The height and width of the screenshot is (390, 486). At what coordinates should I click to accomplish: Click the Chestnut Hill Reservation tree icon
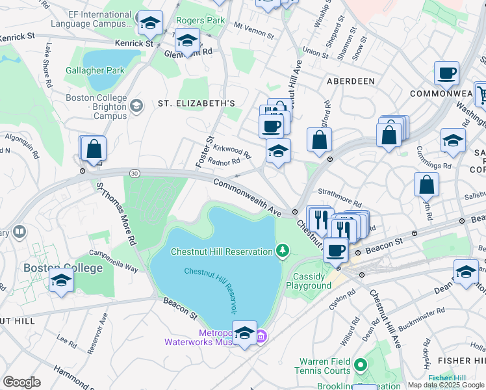tap(282, 251)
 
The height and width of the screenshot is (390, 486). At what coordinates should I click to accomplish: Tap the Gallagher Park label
tap(94, 70)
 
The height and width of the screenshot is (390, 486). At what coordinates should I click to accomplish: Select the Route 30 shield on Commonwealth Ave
tap(134, 173)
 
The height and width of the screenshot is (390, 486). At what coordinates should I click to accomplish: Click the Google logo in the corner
tap(21, 382)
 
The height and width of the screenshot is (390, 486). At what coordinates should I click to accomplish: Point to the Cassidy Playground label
tap(309, 281)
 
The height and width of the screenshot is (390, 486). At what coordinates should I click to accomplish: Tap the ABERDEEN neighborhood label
tap(350, 81)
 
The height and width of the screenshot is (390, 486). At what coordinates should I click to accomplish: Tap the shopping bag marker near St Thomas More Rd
tap(94, 149)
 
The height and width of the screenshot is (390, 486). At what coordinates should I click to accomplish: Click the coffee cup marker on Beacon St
tap(335, 250)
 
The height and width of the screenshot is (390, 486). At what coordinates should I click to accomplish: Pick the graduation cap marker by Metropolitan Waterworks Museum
tap(244, 333)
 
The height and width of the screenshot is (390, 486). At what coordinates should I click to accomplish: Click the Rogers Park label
tap(201, 21)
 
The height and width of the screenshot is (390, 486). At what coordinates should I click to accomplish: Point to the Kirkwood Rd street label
tap(232, 151)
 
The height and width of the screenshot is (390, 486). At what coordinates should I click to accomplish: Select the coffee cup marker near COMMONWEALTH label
tap(446, 73)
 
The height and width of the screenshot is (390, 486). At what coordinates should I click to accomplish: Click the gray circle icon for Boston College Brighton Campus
tap(136, 106)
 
